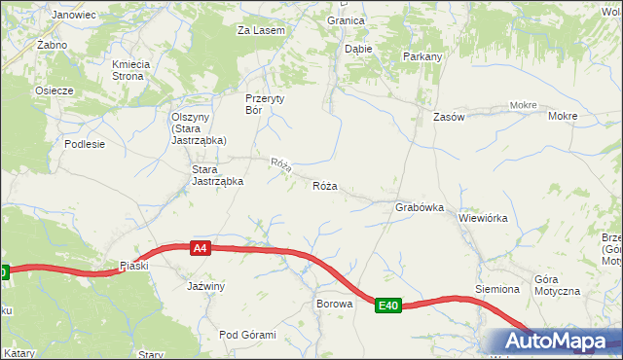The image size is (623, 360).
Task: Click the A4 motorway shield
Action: point(199,248)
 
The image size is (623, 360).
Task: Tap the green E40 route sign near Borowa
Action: point(388,306)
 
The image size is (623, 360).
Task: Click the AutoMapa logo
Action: point(554,342)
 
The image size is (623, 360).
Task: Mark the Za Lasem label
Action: point(261,30)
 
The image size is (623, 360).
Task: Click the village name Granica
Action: point(346,19)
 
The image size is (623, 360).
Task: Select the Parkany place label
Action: point(422,56)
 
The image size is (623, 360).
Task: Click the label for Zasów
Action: point(449,116)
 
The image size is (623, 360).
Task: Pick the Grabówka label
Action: point(420,207)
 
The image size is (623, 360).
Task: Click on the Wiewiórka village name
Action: point(484,218)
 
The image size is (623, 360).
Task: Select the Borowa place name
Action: point(333,303)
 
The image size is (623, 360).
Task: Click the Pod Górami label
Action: point(248,335)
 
